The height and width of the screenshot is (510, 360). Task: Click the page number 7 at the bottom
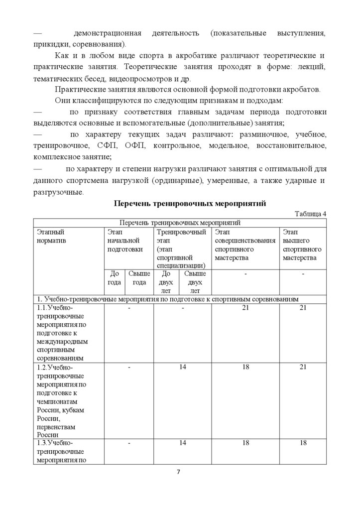coord(179,472)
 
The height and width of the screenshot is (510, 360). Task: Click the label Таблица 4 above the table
coord(310,214)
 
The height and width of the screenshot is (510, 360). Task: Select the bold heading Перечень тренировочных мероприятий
coord(190,203)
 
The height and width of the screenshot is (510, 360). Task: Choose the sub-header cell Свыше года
coord(139,278)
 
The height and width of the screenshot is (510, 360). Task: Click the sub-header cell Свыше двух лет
coord(195,282)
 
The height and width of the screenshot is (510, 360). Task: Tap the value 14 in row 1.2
coord(182,367)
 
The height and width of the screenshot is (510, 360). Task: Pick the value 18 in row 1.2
coord(245,367)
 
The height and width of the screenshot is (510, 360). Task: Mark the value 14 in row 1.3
coord(182,443)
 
